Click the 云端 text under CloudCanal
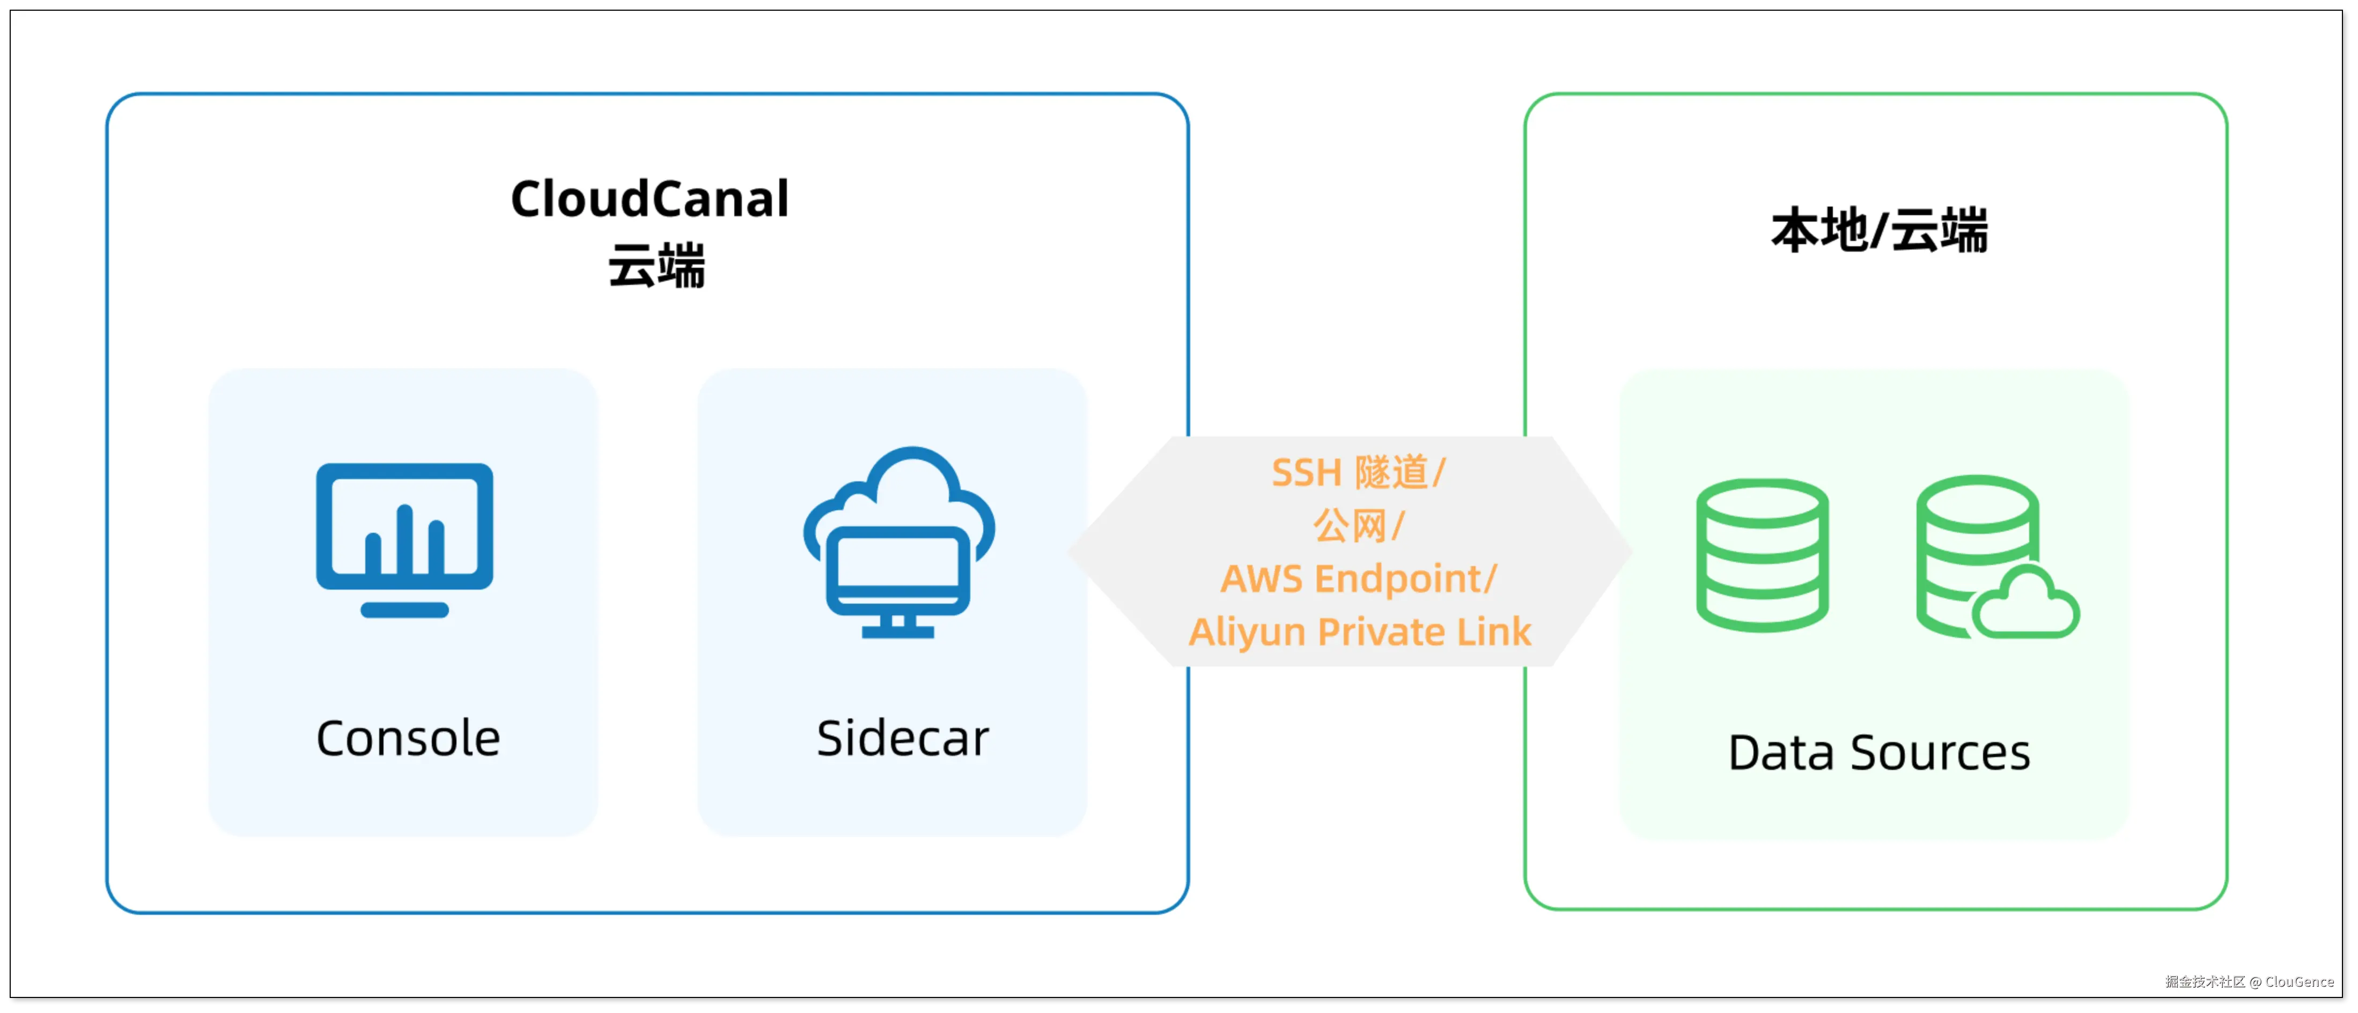657,267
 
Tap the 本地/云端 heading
1879,230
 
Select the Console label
408,738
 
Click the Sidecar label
903,738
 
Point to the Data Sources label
1878,753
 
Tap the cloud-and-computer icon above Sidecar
899,540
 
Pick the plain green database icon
1762,554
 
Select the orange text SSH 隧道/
1358,473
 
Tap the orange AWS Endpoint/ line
1358,579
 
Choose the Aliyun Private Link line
1359,632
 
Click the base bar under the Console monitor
404,610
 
